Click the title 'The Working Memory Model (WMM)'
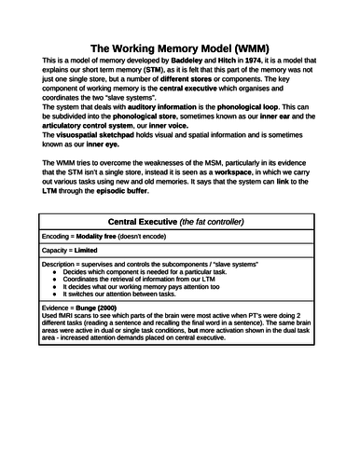point(179,47)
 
